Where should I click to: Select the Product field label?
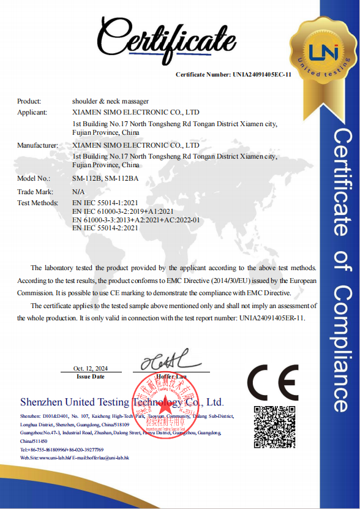coord(29,101)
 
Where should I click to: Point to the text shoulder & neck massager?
coord(110,101)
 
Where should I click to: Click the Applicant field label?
coord(32,113)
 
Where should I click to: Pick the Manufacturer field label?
coord(37,146)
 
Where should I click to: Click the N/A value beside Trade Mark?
coord(78,192)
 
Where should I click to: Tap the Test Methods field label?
coord(37,203)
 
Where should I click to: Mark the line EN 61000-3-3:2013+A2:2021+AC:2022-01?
coord(136,219)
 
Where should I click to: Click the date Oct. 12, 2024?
coord(90,369)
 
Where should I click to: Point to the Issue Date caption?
coord(90,377)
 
